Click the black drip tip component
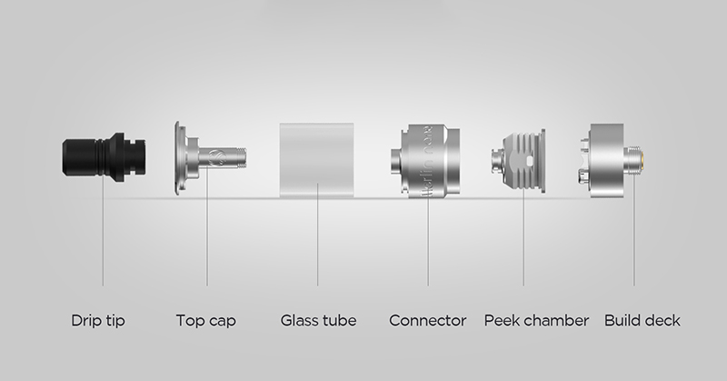tap(105, 156)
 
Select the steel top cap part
tap(209, 158)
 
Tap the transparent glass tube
tap(316, 160)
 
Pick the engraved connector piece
tap(425, 161)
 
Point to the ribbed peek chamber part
tap(518, 161)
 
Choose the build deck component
tap(611, 161)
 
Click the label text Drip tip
tap(98, 321)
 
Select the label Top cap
tap(206, 321)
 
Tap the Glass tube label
tap(319, 320)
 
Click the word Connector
tap(427, 320)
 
